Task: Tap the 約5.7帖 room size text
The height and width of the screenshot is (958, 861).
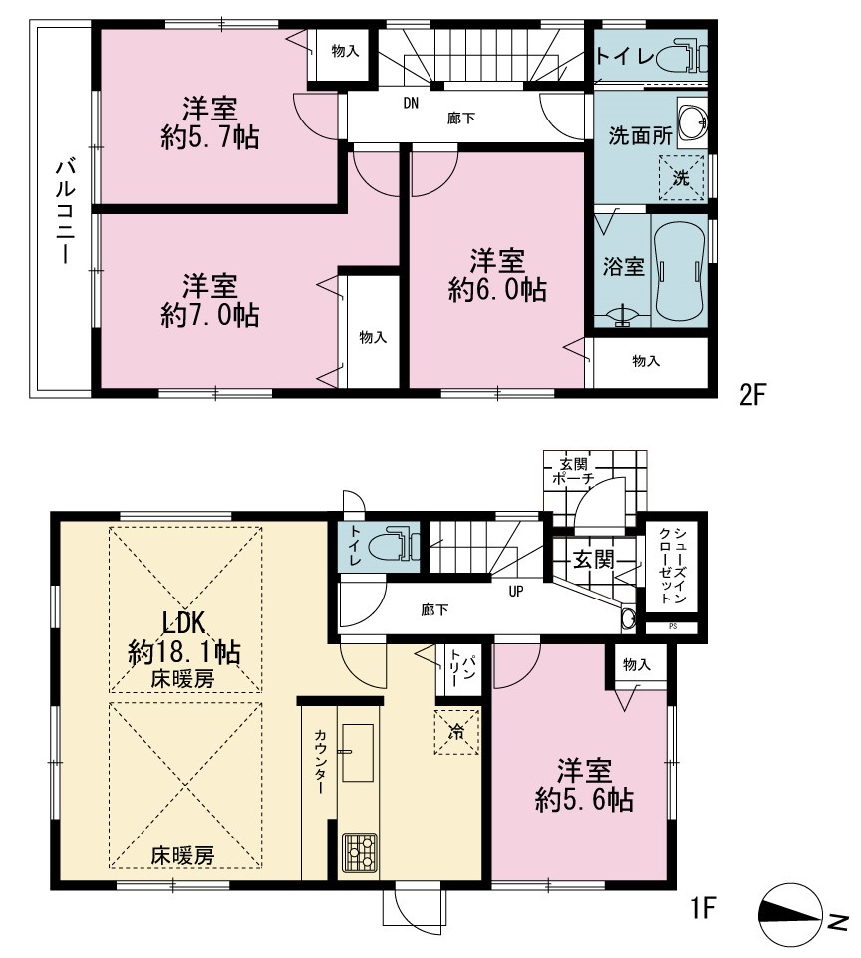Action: tap(209, 137)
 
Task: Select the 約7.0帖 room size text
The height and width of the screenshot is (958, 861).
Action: tap(209, 315)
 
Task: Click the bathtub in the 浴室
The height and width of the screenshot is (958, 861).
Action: tap(679, 271)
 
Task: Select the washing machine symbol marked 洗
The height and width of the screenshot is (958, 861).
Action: tap(681, 178)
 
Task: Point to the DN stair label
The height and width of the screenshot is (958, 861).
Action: tap(411, 103)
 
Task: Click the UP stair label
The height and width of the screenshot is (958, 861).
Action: tap(516, 591)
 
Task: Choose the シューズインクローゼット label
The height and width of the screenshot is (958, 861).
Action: tap(672, 566)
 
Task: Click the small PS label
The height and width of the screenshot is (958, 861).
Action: tap(673, 626)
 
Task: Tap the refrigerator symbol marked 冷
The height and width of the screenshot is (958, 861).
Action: tap(456, 731)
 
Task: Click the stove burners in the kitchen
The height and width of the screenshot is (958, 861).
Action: tap(359, 852)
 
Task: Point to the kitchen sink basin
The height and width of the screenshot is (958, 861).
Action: tap(357, 752)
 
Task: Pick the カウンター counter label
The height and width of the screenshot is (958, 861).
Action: tap(320, 761)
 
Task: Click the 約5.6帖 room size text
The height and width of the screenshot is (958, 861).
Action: tap(584, 799)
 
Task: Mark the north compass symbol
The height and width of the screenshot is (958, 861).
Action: tap(791, 914)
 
